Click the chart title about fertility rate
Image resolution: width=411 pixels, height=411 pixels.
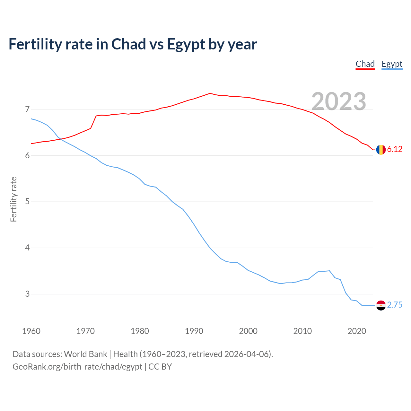click(133, 44)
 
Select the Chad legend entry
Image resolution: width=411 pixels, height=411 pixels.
click(365, 64)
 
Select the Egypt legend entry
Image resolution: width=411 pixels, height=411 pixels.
click(392, 64)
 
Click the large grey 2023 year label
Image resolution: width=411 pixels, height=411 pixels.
click(339, 101)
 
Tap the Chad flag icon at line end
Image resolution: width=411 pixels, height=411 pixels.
click(381, 150)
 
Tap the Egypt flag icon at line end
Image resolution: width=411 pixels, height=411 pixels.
click(381, 305)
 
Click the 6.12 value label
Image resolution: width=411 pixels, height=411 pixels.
click(395, 149)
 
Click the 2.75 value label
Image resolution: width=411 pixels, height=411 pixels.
click(395, 305)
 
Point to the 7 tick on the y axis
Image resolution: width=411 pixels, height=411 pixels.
click(27, 109)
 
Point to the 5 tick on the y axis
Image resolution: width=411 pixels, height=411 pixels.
click(27, 202)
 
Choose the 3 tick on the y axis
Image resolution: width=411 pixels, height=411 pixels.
click(27, 294)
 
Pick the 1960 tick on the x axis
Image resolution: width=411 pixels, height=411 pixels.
click(31, 331)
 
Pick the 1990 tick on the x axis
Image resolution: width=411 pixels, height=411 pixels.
click(194, 331)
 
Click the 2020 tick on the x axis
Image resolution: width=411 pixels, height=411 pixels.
click(357, 331)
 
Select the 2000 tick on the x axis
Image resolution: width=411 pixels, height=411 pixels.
click(248, 331)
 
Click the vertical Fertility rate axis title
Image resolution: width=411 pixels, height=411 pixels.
click(13, 199)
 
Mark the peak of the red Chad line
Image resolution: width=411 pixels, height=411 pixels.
click(210, 93)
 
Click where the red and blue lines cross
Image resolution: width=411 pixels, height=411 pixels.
click(60, 139)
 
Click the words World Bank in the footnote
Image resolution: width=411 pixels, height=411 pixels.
click(85, 354)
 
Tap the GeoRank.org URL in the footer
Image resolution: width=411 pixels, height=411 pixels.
click(77, 367)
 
